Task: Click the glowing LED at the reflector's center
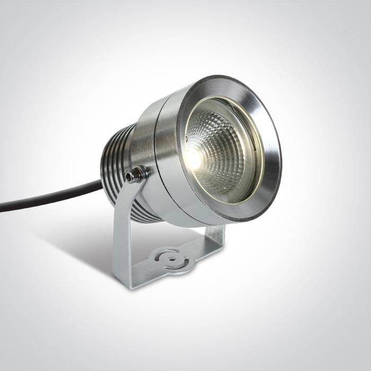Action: click(194, 156)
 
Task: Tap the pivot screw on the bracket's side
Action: click(140, 173)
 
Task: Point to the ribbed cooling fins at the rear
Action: click(114, 159)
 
